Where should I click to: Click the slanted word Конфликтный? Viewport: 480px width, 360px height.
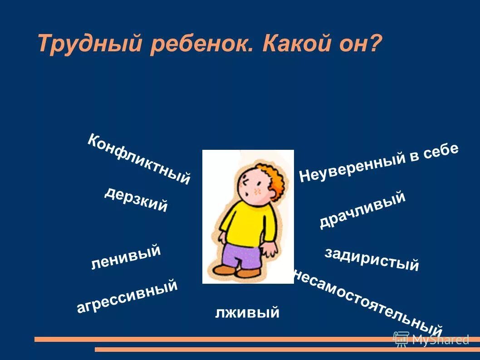pos(138,159)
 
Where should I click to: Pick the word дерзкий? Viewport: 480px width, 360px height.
pos(136,199)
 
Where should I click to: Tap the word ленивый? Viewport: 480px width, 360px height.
pos(126,257)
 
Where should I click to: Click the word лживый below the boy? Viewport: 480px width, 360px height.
pos(247,312)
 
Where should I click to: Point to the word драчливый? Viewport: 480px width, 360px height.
pos(362,210)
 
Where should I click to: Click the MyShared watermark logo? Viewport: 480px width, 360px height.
pos(431,339)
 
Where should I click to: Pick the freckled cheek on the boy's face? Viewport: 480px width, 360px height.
pos(258,191)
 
